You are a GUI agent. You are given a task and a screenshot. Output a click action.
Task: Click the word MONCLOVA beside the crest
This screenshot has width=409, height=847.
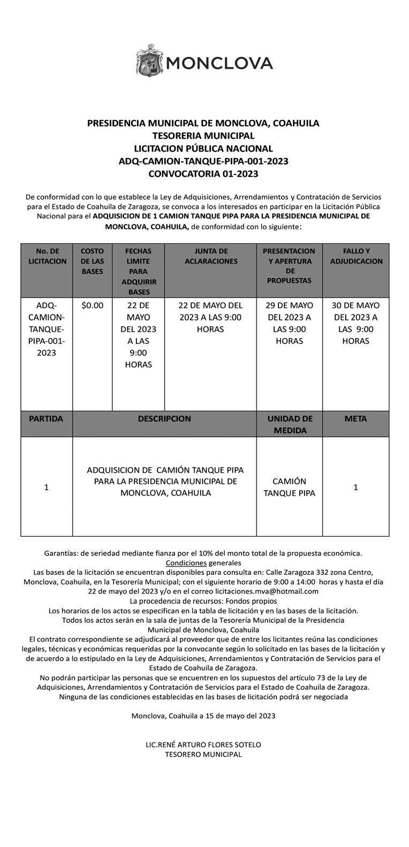[x=219, y=64]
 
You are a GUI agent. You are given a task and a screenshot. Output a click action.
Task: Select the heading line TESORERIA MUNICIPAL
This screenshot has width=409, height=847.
[x=203, y=136]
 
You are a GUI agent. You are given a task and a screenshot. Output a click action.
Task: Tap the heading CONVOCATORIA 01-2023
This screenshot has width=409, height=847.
[x=203, y=174]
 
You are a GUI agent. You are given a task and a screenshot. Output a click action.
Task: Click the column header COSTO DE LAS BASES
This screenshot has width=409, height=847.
[x=92, y=261]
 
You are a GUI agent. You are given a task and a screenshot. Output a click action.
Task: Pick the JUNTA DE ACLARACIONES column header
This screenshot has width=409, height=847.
[x=211, y=256]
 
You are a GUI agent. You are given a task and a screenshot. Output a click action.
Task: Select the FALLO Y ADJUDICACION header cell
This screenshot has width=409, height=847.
[x=356, y=256]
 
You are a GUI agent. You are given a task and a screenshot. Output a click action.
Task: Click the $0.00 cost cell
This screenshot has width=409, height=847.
[x=92, y=305]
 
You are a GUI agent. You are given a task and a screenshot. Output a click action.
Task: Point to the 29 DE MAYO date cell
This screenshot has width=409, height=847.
[x=289, y=323]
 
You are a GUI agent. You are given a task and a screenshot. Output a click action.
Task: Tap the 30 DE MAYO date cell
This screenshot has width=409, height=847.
[x=356, y=323]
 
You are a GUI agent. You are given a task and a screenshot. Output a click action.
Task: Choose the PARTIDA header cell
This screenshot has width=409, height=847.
[x=47, y=419]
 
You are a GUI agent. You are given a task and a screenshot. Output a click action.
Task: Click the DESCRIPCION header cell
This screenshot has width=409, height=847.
[x=164, y=419]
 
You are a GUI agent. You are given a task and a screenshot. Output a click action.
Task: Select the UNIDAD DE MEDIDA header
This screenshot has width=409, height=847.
[x=289, y=424]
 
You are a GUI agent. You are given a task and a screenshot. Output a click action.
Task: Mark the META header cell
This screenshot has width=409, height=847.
[x=356, y=419]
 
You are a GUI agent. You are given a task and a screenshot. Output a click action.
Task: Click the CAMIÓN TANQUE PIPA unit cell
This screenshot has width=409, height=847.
[x=289, y=487]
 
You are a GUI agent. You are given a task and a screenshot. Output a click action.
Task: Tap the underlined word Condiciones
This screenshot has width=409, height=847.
[x=186, y=563]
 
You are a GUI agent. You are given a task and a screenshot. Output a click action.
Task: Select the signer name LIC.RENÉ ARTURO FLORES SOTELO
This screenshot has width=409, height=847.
[x=203, y=745]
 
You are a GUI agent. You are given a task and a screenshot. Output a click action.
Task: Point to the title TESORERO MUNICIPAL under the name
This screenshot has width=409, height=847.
[x=203, y=754]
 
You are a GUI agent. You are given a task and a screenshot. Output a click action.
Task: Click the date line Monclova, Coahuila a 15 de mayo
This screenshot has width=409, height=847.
[x=203, y=716]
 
